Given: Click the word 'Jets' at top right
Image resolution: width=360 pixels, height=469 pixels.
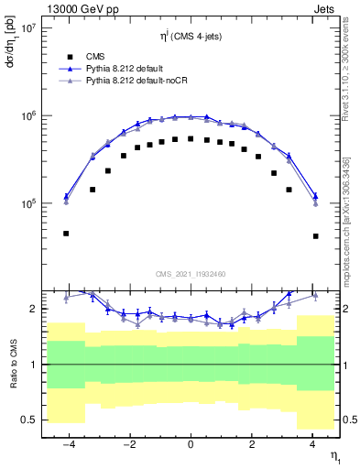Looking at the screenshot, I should point(326,8).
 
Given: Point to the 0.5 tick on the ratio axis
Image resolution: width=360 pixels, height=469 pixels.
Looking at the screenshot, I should point(27,420).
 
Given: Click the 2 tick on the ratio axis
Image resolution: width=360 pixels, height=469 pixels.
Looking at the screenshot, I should point(31,309).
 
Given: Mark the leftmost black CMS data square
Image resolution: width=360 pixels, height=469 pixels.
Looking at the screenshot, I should point(66,234).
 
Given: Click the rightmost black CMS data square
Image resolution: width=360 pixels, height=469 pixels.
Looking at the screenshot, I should point(315,236).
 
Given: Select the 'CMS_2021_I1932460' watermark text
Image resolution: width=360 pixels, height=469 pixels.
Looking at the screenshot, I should point(190,274).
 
